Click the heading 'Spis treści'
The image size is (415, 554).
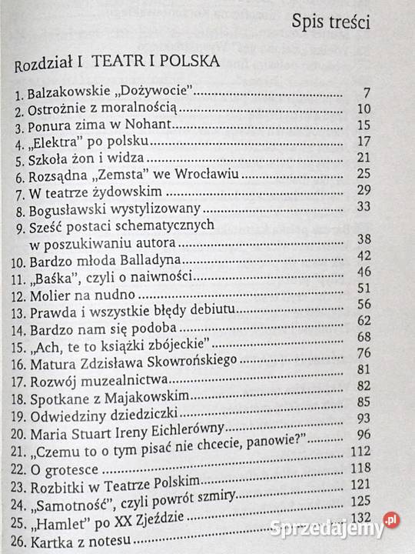click(x=330, y=22)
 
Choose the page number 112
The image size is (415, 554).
click(x=360, y=450)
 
